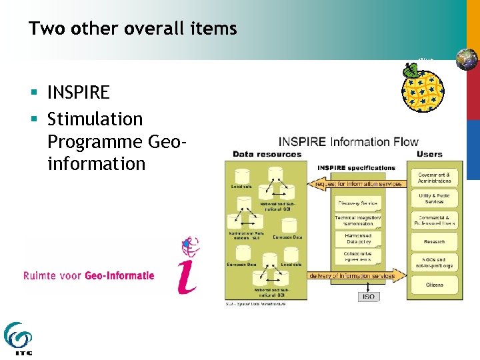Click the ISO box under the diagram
pyautogui.click(x=368, y=296)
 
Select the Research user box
pyautogui.click(x=434, y=241)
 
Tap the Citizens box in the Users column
pyautogui.click(x=434, y=285)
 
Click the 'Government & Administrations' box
pyautogui.click(x=434, y=177)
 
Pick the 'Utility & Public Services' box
pyautogui.click(x=434, y=198)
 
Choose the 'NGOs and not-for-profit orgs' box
pyautogui.click(x=434, y=263)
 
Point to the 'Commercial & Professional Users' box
pyautogui.click(x=434, y=220)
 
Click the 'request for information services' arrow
pyautogui.click(x=357, y=184)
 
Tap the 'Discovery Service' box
pyautogui.click(x=358, y=203)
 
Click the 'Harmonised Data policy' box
pyautogui.click(x=358, y=239)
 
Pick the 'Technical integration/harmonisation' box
pyautogui.click(x=358, y=221)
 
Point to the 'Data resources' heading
pyautogui.click(x=267, y=154)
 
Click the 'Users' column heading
pyautogui.click(x=429, y=154)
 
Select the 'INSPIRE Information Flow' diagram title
pyautogui.click(x=348, y=141)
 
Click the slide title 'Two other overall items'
pyautogui.click(x=133, y=29)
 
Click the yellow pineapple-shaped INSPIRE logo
pyautogui.click(x=422, y=87)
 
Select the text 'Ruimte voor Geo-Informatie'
pyautogui.click(x=89, y=275)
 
